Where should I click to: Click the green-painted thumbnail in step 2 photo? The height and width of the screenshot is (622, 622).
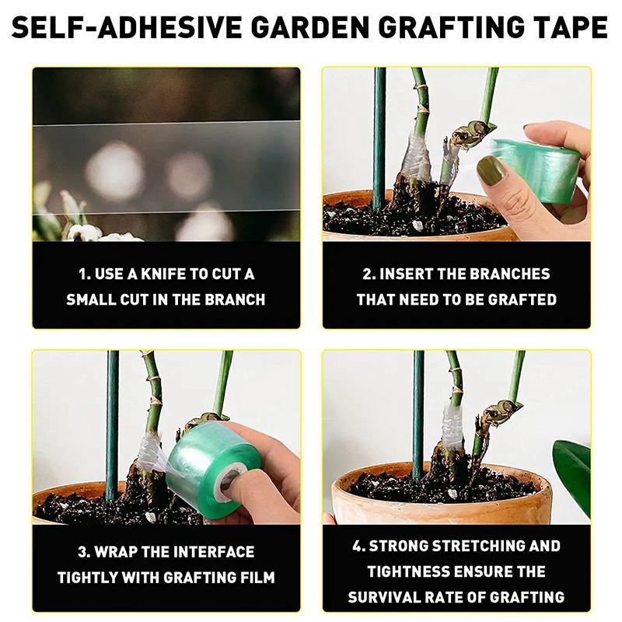490,169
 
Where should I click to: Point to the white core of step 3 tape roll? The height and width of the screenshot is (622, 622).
231,483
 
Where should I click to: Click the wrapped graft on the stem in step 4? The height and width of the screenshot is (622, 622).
452,425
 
